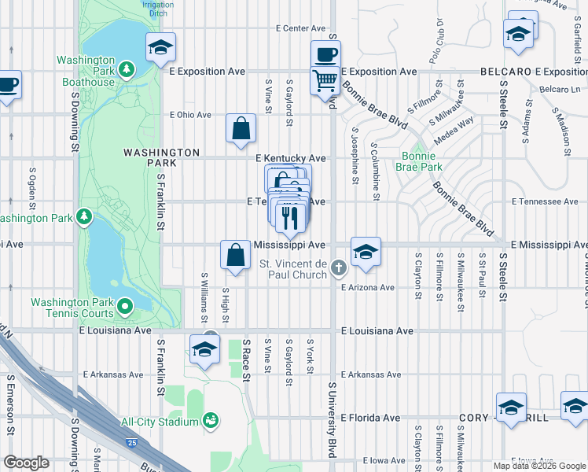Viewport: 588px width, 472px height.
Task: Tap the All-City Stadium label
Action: pyautogui.click(x=160, y=422)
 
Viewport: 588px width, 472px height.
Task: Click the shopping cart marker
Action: pyautogui.click(x=325, y=79)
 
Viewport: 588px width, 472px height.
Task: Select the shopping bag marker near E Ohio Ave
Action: pyautogui.click(x=241, y=127)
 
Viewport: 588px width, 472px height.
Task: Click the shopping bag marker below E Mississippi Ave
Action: pyautogui.click(x=235, y=255)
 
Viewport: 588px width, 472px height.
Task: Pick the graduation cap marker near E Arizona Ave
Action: pyautogui.click(x=366, y=253)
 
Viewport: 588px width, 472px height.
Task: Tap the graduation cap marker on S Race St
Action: pyautogui.click(x=204, y=348)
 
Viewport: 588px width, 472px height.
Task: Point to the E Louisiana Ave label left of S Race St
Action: pyautogui.click(x=115, y=331)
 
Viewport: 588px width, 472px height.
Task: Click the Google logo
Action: pyautogui.click(x=26, y=463)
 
